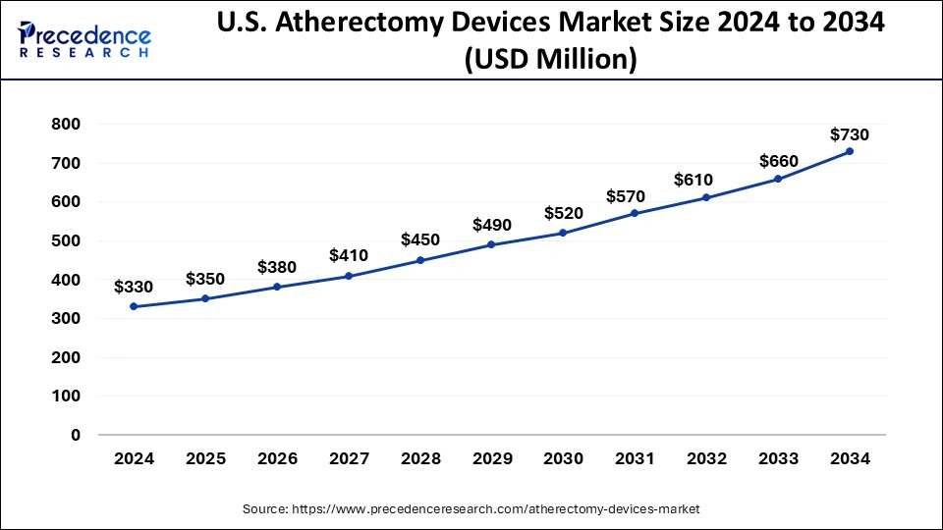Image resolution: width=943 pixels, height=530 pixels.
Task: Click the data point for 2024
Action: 134,306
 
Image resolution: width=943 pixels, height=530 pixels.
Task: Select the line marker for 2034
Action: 850,151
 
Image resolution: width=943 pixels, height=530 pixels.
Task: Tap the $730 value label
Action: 850,134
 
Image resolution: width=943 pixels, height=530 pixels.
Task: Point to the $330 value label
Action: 134,287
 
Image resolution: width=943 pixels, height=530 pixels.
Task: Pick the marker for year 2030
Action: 564,233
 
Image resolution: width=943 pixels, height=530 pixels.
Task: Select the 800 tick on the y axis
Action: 66,125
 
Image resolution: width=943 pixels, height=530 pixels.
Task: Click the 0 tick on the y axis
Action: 75,435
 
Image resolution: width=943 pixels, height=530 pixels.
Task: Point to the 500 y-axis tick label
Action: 66,240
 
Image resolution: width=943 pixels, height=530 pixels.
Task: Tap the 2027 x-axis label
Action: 349,458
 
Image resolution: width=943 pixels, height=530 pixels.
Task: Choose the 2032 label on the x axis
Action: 707,458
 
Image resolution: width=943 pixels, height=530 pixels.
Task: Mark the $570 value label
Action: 636,196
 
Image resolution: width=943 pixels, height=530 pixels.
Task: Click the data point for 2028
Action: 420,260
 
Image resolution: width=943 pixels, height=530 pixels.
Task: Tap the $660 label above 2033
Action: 779,161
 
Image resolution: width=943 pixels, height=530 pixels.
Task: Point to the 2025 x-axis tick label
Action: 205,458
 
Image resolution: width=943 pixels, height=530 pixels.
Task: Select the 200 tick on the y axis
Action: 66,357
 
